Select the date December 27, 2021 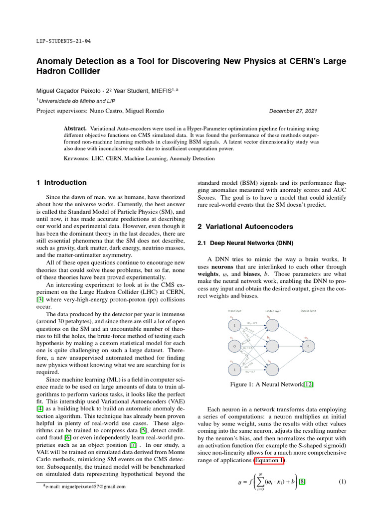[x=293, y=111]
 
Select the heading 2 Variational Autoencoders [x=245, y=227]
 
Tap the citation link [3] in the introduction [x=40, y=299]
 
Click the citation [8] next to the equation [x=302, y=482]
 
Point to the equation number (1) [x=342, y=482]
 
